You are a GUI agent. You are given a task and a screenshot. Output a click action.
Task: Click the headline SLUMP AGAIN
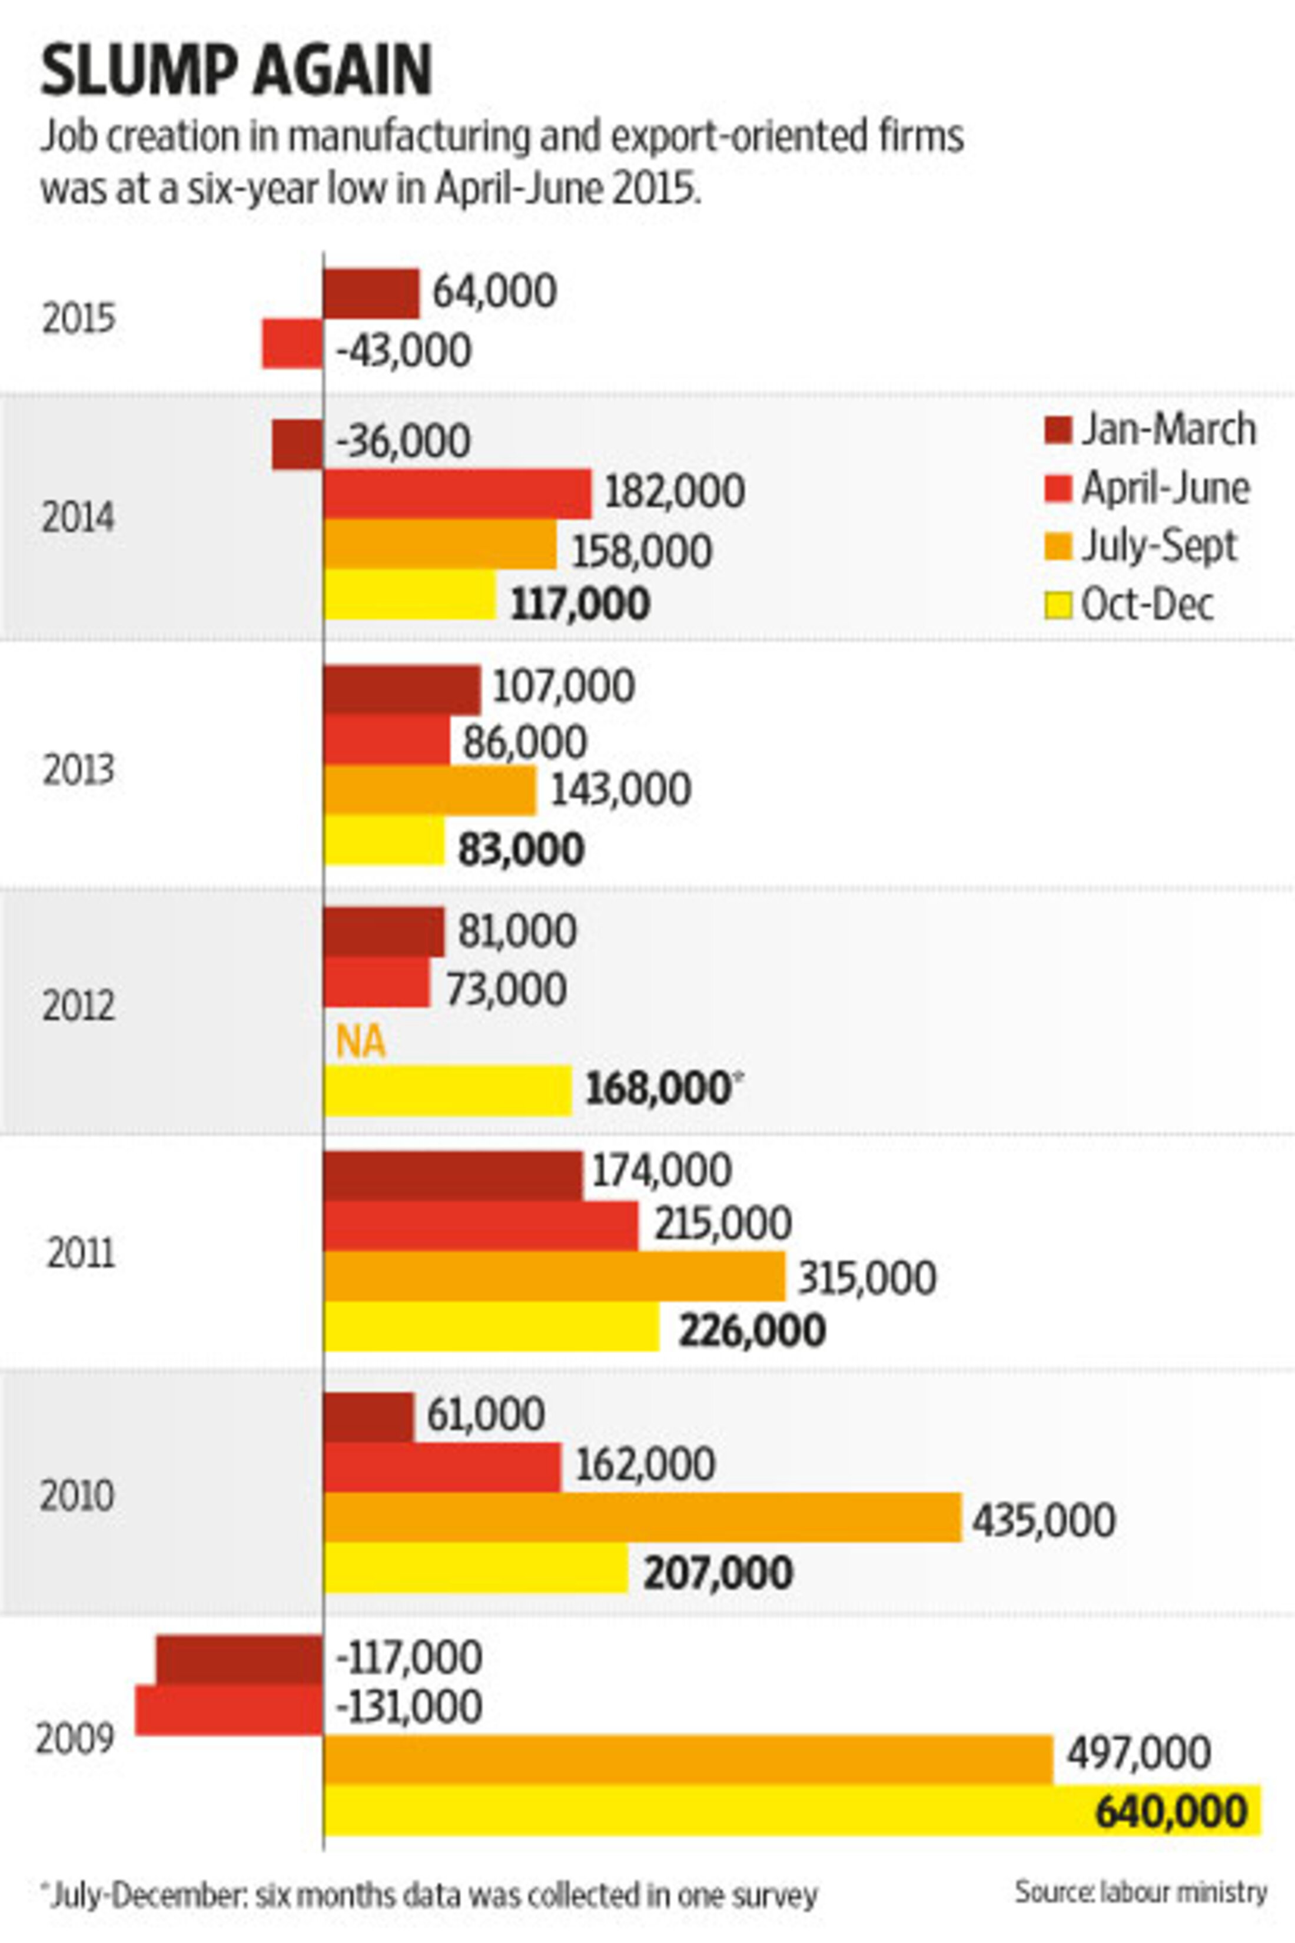click(236, 72)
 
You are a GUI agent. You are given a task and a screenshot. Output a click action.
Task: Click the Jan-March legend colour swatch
click(1057, 430)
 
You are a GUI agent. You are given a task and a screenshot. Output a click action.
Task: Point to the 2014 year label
click(78, 519)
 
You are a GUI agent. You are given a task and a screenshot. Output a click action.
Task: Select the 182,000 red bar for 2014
click(457, 493)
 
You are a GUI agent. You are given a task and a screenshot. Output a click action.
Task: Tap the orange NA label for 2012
click(361, 1043)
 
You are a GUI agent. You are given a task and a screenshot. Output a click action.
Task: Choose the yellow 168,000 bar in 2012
click(447, 1090)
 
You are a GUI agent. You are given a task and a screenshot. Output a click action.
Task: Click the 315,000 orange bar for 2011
click(553, 1276)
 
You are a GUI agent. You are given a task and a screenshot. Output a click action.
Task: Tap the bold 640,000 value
click(1171, 1812)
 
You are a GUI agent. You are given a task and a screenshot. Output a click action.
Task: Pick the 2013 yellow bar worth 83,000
click(384, 841)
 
